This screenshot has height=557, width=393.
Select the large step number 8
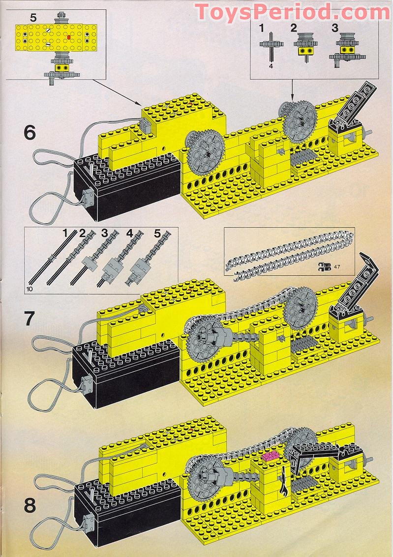(30, 492)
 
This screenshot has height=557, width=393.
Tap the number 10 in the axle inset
(30, 290)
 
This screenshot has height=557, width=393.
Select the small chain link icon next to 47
(324, 266)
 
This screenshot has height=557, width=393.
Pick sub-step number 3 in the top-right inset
(335, 28)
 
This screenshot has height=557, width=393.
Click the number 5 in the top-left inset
(33, 18)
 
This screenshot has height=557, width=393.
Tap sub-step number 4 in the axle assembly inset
(130, 234)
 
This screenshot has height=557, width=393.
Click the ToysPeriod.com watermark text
(293, 12)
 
